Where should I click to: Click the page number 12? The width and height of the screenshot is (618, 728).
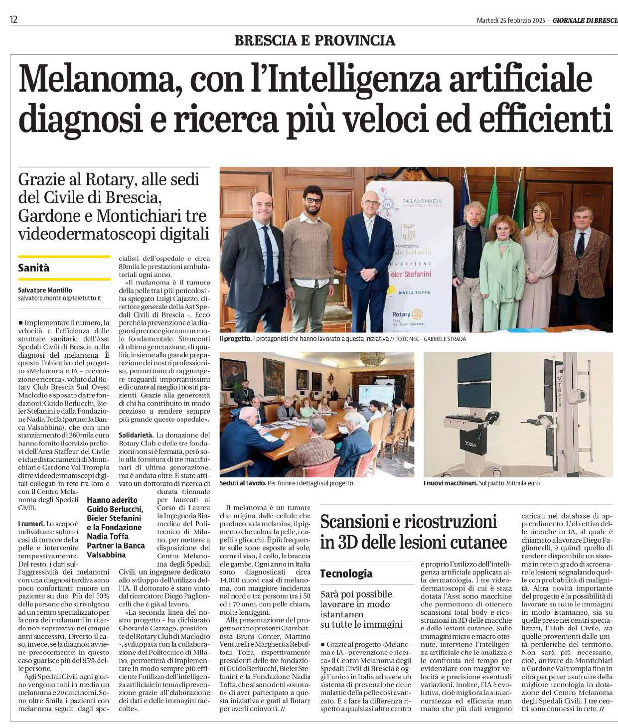[x=13, y=20]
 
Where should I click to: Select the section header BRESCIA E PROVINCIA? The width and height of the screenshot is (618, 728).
[x=314, y=40]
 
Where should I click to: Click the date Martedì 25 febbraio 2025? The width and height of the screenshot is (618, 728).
[x=511, y=20]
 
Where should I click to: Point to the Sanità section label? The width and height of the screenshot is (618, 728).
[x=34, y=268]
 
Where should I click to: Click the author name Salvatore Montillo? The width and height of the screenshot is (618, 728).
[x=45, y=290]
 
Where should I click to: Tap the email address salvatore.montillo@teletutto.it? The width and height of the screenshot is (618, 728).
[x=59, y=298]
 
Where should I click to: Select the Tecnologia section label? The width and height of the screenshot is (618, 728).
[x=346, y=574]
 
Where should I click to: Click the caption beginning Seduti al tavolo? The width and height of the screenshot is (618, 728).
[x=286, y=483]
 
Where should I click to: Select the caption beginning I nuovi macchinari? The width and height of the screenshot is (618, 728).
[x=481, y=483]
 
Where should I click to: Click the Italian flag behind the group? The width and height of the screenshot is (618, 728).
[x=492, y=199]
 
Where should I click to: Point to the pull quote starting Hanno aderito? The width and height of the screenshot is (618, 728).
[x=116, y=523]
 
